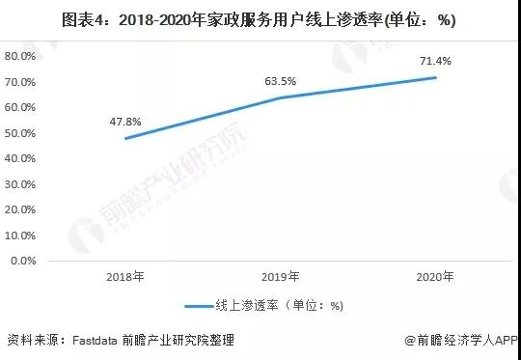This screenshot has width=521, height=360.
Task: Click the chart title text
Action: click(260, 19)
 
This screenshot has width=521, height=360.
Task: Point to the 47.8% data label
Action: click(126, 123)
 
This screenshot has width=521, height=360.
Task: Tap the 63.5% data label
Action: click(280, 82)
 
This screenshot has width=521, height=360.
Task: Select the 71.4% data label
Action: click(435, 62)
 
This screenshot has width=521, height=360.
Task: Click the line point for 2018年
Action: click(126, 138)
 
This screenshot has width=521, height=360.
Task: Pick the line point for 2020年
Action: click(435, 77)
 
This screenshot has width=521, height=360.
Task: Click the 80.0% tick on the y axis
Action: click(20, 56)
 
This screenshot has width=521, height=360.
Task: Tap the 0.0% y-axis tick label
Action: click(23, 261)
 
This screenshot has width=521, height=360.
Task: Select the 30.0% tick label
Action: click(20, 183)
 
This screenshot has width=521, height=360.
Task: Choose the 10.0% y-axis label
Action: click(20, 235)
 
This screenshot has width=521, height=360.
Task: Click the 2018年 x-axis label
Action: click(126, 277)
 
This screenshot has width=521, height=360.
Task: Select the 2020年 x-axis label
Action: click(435, 277)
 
